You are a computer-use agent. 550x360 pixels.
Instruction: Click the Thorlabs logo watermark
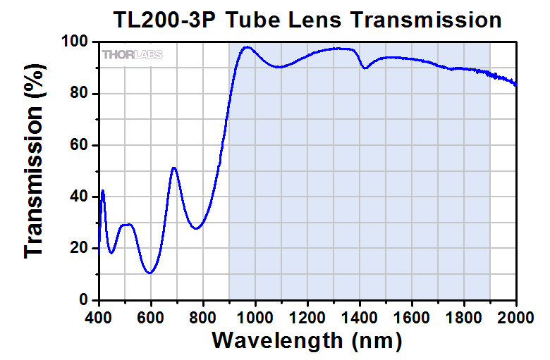(128, 54)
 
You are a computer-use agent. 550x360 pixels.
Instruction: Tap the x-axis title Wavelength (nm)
(307, 340)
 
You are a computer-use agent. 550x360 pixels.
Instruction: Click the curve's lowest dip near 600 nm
(149, 273)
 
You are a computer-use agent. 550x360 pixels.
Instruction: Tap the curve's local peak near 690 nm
(174, 168)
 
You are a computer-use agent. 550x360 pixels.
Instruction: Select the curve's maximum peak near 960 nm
(246, 47)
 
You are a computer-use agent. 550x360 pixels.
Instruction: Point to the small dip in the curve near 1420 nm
(365, 68)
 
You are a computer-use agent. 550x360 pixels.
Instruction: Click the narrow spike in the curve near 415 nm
(103, 191)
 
